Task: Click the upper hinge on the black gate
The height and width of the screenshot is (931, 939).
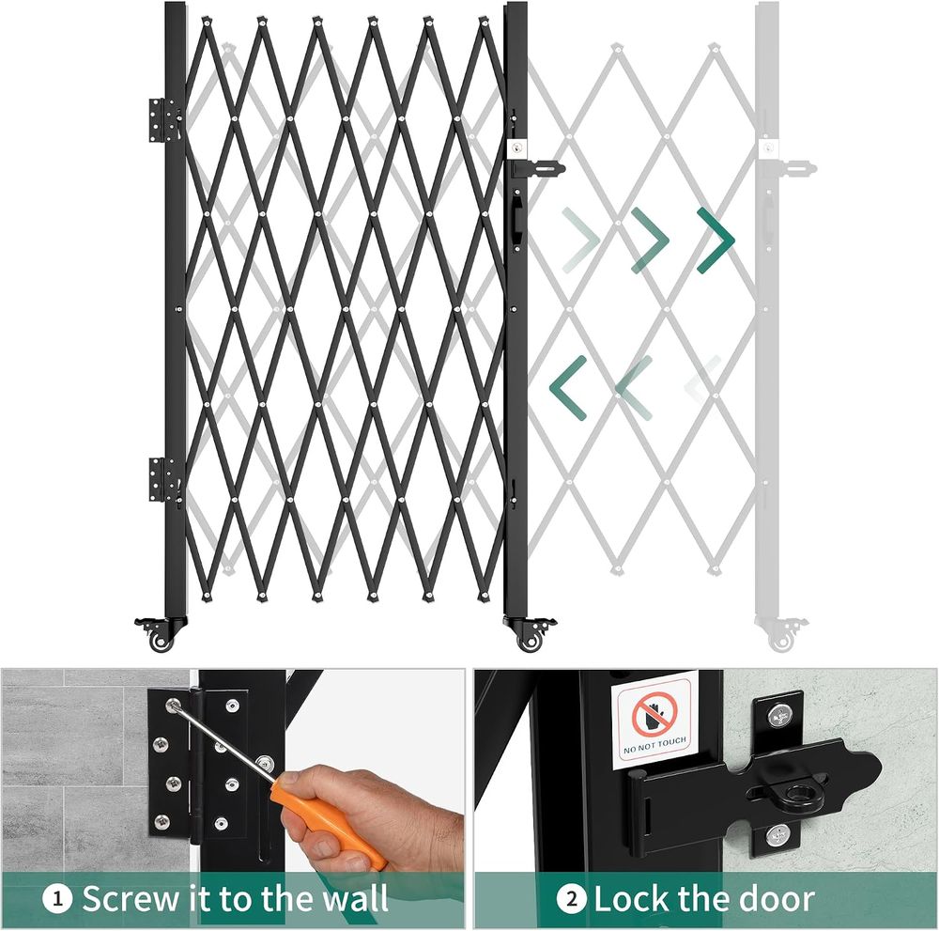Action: (x=163, y=120)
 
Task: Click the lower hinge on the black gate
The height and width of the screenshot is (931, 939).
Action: (x=163, y=479)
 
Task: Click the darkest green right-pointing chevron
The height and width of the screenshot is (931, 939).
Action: (x=716, y=241)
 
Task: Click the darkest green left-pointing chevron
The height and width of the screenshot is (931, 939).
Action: (x=568, y=387)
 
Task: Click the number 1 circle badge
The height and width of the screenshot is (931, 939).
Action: (x=58, y=899)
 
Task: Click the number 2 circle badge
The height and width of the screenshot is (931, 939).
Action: (x=571, y=899)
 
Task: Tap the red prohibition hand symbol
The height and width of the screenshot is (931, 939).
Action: (x=654, y=714)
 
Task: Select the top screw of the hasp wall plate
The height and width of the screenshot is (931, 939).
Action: (x=779, y=714)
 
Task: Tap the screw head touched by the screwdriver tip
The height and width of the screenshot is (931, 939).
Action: (x=173, y=706)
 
